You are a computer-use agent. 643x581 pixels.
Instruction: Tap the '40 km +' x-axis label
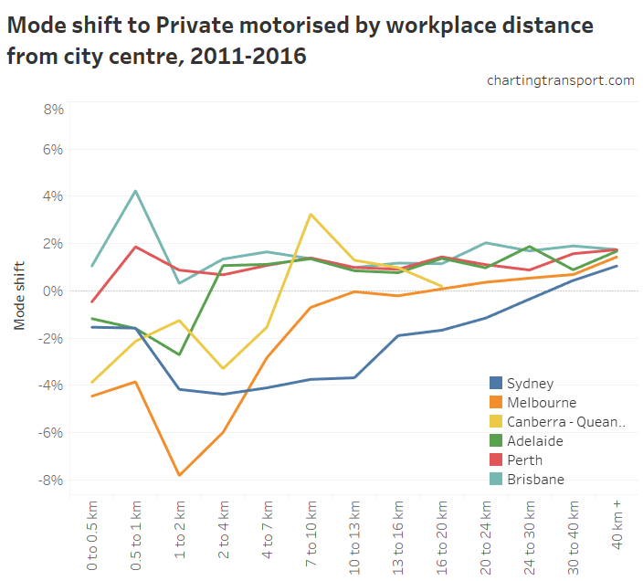click(617, 532)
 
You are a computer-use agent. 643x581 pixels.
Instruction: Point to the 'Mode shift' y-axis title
click(19, 294)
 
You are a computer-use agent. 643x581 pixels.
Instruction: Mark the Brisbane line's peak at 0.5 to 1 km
click(136, 191)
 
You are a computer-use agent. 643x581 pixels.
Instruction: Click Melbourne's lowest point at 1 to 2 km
click(180, 475)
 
